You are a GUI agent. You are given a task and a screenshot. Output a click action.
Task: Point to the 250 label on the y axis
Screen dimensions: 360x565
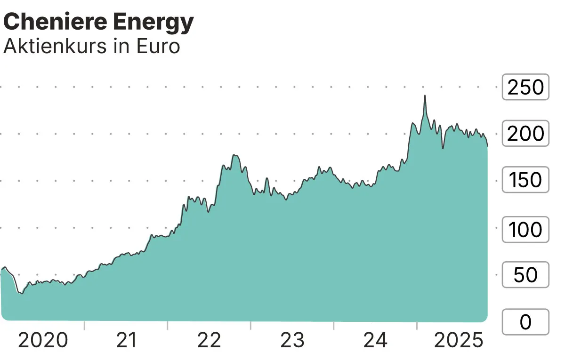pyautogui.click(x=525, y=87)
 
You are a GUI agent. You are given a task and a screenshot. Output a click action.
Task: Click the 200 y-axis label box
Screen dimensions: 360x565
pyautogui.click(x=525, y=134)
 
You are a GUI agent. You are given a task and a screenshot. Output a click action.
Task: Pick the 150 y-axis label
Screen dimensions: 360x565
pyautogui.click(x=525, y=180)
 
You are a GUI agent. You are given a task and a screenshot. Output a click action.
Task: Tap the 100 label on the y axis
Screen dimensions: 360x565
pyautogui.click(x=525, y=229)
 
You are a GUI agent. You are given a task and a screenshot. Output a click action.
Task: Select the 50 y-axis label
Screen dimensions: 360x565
pyautogui.click(x=525, y=275)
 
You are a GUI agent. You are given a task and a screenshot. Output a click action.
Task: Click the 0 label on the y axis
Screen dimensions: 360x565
pyautogui.click(x=525, y=322)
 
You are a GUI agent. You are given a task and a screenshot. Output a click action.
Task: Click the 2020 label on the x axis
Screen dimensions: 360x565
pyautogui.click(x=43, y=340)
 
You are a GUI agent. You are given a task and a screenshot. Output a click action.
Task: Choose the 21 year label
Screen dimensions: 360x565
pyautogui.click(x=126, y=340)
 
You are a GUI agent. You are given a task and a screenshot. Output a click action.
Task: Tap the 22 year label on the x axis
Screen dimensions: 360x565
pyautogui.click(x=209, y=340)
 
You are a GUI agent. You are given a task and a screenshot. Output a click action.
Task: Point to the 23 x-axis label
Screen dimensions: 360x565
pyautogui.click(x=292, y=340)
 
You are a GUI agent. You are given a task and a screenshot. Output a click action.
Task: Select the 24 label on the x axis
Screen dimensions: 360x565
pyautogui.click(x=375, y=340)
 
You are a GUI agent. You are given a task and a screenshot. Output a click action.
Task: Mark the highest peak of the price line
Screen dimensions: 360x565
pyautogui.click(x=425, y=96)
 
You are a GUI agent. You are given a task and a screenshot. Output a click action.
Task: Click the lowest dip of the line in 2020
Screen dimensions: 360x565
pyautogui.click(x=20, y=293)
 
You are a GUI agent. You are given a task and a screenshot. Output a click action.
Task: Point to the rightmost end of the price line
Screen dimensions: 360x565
pyautogui.click(x=487, y=146)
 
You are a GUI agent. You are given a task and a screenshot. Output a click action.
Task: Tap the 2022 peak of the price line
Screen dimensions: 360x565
pyautogui.click(x=234, y=155)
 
